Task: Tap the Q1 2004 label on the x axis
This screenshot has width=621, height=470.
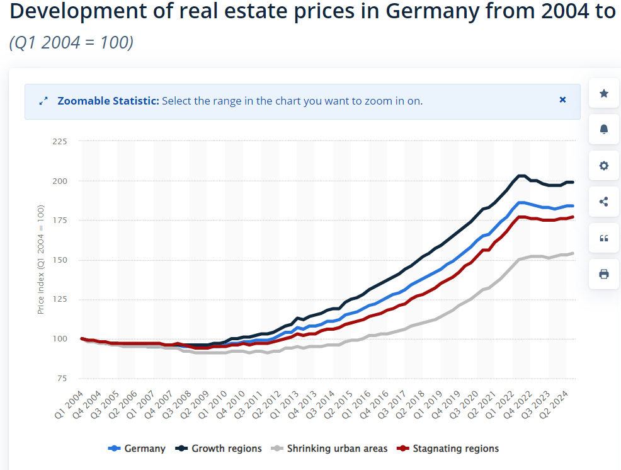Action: (71, 405)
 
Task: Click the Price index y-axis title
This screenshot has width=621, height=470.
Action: (41, 260)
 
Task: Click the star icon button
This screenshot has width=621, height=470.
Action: (604, 93)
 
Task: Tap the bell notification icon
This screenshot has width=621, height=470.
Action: (604, 129)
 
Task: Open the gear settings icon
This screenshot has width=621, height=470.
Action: (604, 166)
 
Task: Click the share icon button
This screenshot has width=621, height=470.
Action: (604, 202)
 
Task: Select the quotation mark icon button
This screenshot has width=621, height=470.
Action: (604, 238)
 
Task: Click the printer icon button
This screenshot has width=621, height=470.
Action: (604, 274)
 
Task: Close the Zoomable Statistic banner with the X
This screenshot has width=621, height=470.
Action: (563, 100)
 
